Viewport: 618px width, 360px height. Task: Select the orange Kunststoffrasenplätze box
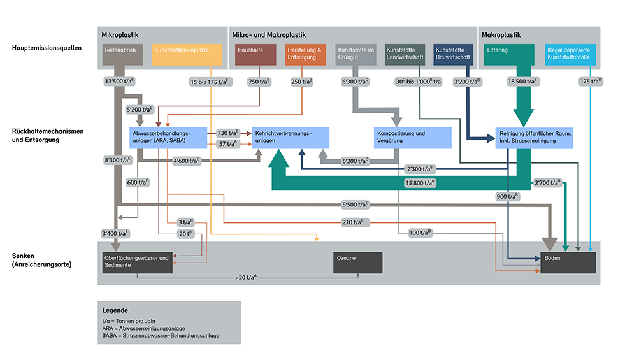click(x=187, y=55)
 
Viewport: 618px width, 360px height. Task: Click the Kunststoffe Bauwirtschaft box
click(x=454, y=55)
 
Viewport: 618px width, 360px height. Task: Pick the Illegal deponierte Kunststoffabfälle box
click(x=571, y=55)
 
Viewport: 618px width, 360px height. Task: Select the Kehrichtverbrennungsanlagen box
click(x=291, y=138)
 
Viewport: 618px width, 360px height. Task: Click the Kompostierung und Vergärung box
click(x=412, y=138)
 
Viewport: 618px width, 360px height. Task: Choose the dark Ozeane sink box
click(x=357, y=263)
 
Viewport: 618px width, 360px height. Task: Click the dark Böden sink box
click(x=568, y=263)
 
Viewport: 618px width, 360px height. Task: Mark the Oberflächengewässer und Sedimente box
click(x=137, y=263)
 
